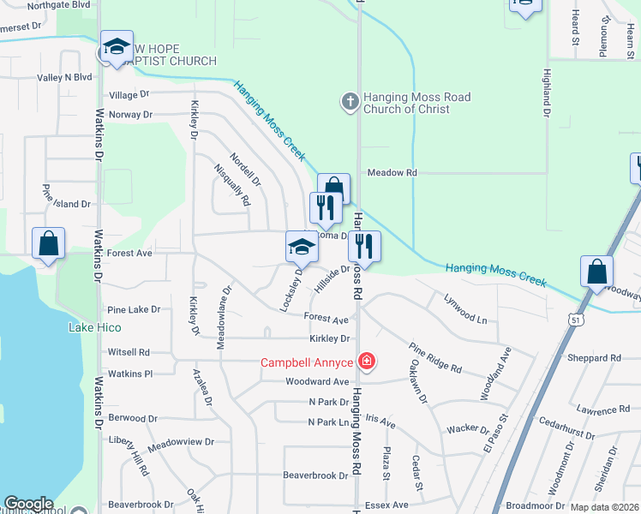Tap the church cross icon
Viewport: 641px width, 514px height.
click(x=350, y=102)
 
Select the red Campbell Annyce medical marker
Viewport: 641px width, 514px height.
click(x=367, y=362)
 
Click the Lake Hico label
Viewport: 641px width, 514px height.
click(x=94, y=327)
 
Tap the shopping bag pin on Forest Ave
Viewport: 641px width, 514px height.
click(x=49, y=243)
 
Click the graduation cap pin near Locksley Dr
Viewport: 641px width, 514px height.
click(x=302, y=248)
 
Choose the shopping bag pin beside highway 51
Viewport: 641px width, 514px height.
click(x=596, y=272)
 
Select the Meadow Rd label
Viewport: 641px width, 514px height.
click(x=392, y=172)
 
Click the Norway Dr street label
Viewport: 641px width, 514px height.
click(x=130, y=114)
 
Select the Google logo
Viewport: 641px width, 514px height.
click(x=28, y=504)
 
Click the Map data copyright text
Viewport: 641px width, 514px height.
click(x=605, y=507)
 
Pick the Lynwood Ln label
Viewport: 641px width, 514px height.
click(x=465, y=309)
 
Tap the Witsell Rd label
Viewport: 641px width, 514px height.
click(x=129, y=352)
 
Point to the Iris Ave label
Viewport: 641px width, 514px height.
click(x=380, y=423)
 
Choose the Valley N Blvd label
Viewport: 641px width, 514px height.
click(x=64, y=76)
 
